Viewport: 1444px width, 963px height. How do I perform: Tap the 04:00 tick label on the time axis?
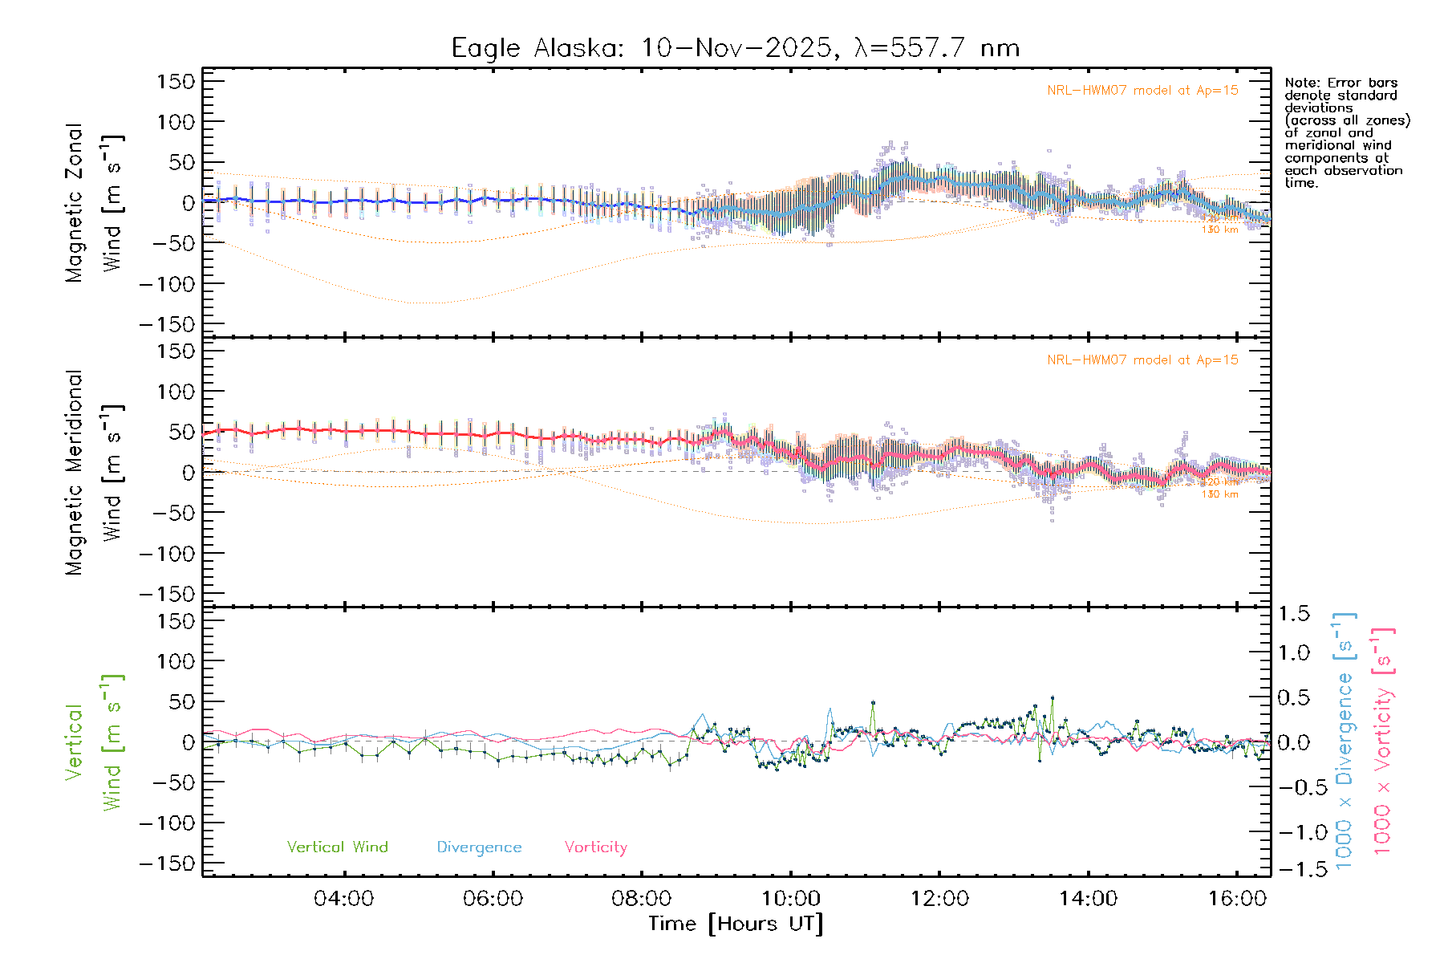click(x=343, y=899)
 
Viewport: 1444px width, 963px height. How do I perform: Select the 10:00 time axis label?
click(x=791, y=899)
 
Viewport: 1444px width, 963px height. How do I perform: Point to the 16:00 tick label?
click(x=1237, y=899)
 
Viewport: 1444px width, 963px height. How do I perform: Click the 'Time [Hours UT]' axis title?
click(x=736, y=924)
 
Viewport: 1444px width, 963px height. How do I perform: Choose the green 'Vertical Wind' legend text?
click(x=337, y=847)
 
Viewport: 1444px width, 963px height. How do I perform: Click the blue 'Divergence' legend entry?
click(x=479, y=847)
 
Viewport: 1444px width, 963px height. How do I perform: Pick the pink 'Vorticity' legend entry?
click(x=595, y=847)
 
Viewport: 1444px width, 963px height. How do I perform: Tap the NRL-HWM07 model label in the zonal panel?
click(x=1142, y=91)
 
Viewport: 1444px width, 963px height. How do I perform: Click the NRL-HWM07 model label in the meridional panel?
click(x=1142, y=360)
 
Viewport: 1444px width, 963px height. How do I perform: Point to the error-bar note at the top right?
click(x=1346, y=132)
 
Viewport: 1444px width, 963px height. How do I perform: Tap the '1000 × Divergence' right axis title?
click(x=1345, y=741)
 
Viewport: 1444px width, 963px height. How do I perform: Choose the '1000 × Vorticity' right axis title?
click(x=1383, y=741)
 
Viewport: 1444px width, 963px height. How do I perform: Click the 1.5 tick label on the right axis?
click(x=1293, y=614)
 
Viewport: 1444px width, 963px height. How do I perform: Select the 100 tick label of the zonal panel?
click(x=176, y=122)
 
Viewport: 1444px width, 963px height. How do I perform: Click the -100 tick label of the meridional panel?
click(x=167, y=554)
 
